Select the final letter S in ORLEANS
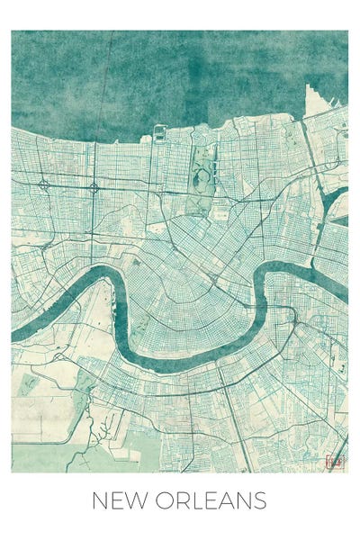[x=260, y=500]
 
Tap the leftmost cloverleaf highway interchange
[x=42, y=185]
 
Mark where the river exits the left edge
[x=14, y=333]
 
